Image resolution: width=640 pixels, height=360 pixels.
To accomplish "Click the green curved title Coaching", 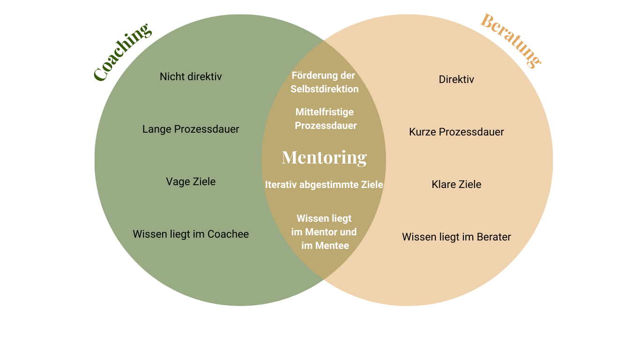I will coord(123,52).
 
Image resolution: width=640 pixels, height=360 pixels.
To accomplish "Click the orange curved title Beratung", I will coord(511,40).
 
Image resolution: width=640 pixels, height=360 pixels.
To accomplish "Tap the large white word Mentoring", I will coord(324,157).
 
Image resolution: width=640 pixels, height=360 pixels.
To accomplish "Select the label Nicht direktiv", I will coord(191,76).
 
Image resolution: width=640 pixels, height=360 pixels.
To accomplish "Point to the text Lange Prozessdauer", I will coord(191,129).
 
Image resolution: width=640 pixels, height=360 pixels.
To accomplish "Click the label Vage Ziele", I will coord(191,181).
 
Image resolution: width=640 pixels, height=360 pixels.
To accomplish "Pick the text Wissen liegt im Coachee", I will coord(191,234).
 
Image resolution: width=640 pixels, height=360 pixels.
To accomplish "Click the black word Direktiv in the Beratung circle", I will coord(456,79).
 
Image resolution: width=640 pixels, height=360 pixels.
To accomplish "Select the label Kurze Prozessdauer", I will coord(456,132).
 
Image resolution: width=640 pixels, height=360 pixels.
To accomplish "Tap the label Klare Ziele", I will coord(456,184).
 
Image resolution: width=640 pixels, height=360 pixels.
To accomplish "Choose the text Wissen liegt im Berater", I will coord(456,237).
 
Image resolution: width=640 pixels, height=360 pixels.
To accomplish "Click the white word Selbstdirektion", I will coord(324,89).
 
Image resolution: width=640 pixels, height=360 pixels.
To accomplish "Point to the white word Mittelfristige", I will coord(325,112).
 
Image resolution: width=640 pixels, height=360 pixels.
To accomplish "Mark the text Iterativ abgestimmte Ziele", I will coord(324,185).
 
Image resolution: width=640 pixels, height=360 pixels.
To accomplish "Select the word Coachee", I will coord(228,234).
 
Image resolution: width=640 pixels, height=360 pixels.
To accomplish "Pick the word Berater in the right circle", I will coord(494,237).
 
